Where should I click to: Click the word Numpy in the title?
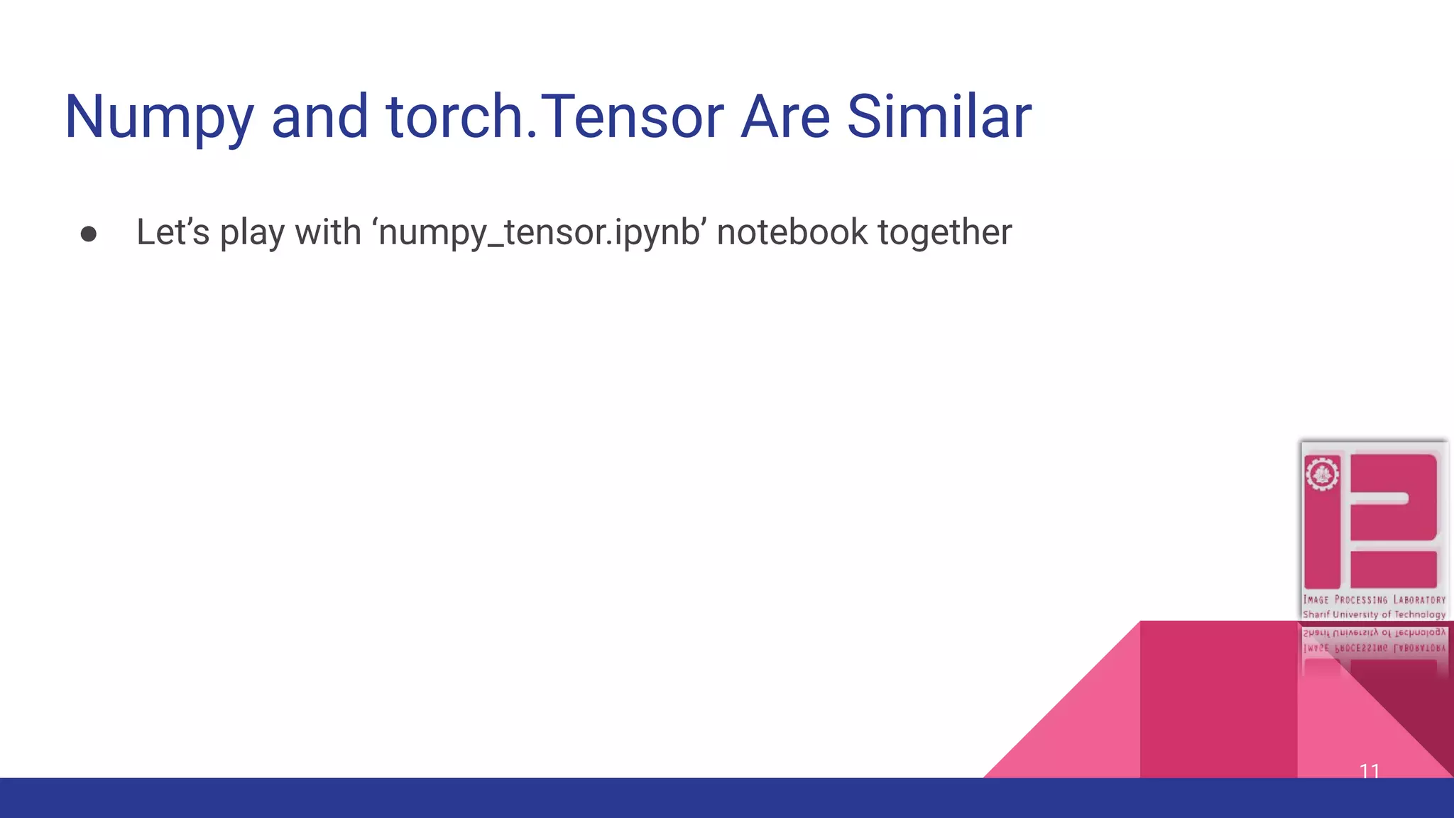point(158,117)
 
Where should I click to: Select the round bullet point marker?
point(89,234)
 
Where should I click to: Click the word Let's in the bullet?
point(173,232)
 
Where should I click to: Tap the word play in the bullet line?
point(251,234)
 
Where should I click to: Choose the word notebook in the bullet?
point(792,232)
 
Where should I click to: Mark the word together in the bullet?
point(945,233)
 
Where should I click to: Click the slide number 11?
point(1370,770)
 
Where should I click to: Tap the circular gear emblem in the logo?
point(1322,474)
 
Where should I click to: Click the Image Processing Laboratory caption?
point(1374,600)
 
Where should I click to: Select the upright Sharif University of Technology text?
point(1374,614)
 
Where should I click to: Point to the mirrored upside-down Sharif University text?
point(1374,632)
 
